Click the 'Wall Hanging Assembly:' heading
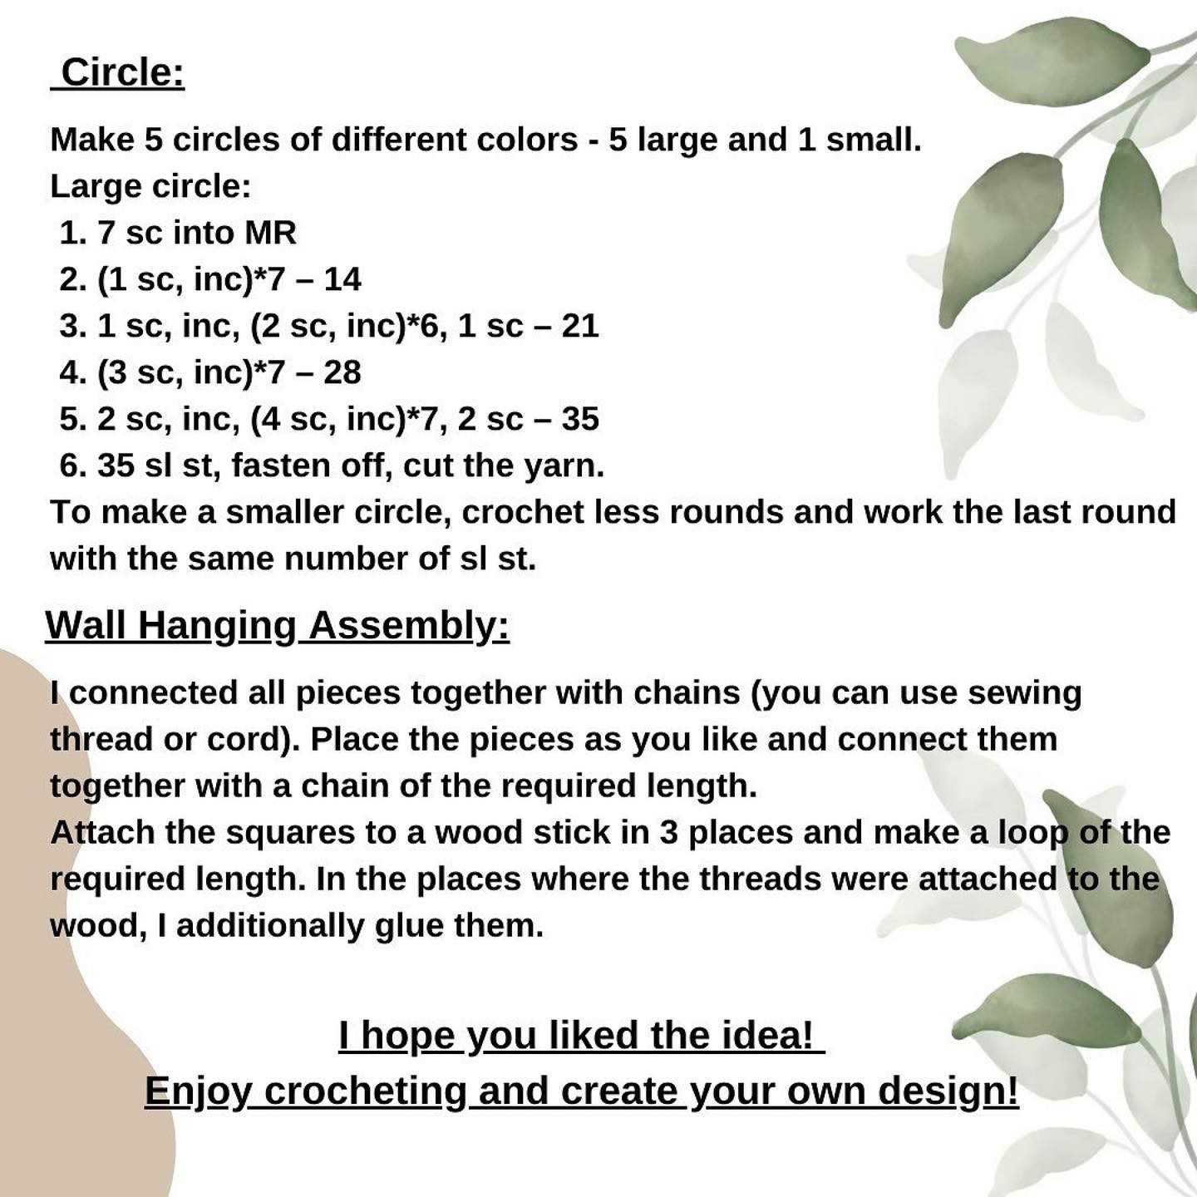coord(277,625)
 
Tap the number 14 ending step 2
coord(342,279)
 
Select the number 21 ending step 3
coord(580,326)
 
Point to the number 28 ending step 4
coord(342,372)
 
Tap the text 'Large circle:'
coord(150,186)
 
